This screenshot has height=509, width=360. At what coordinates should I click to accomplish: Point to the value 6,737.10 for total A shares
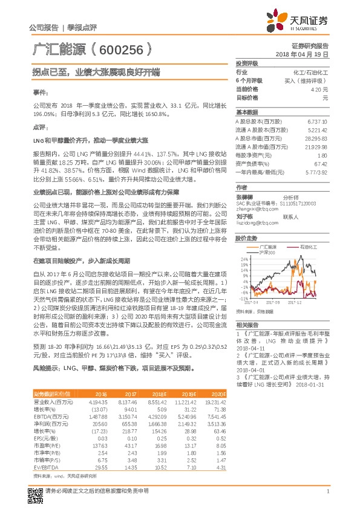(x=317, y=121)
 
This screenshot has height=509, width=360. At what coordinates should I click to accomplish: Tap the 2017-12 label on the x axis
(x=295, y=302)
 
